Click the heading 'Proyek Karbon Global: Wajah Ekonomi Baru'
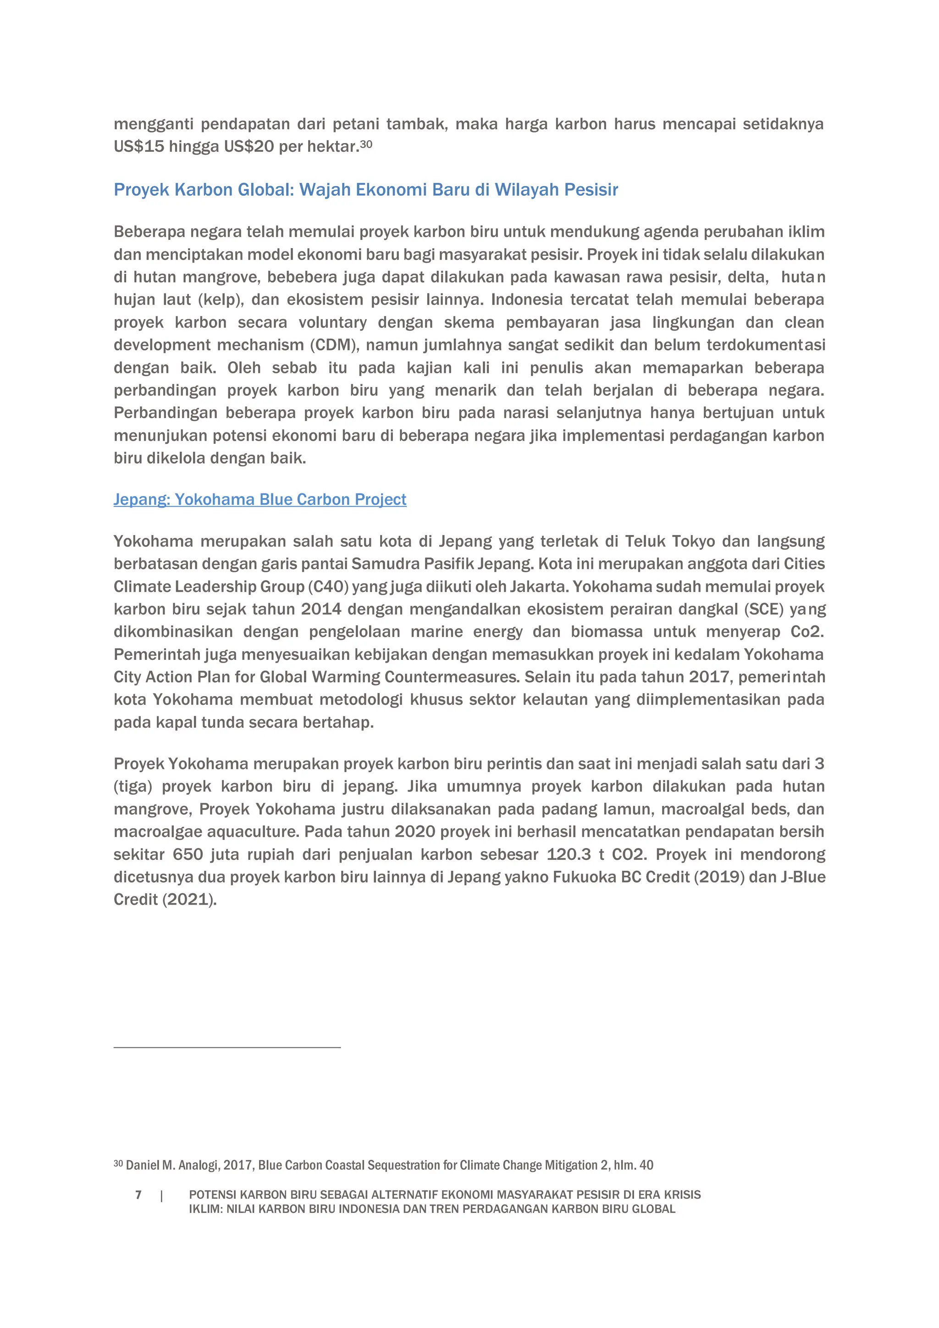(x=365, y=190)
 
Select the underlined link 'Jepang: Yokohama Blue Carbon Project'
(x=260, y=499)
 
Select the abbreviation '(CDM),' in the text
(x=335, y=345)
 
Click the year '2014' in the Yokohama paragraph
(x=321, y=609)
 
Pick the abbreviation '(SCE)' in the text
(x=764, y=609)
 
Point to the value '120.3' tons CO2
(x=569, y=854)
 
